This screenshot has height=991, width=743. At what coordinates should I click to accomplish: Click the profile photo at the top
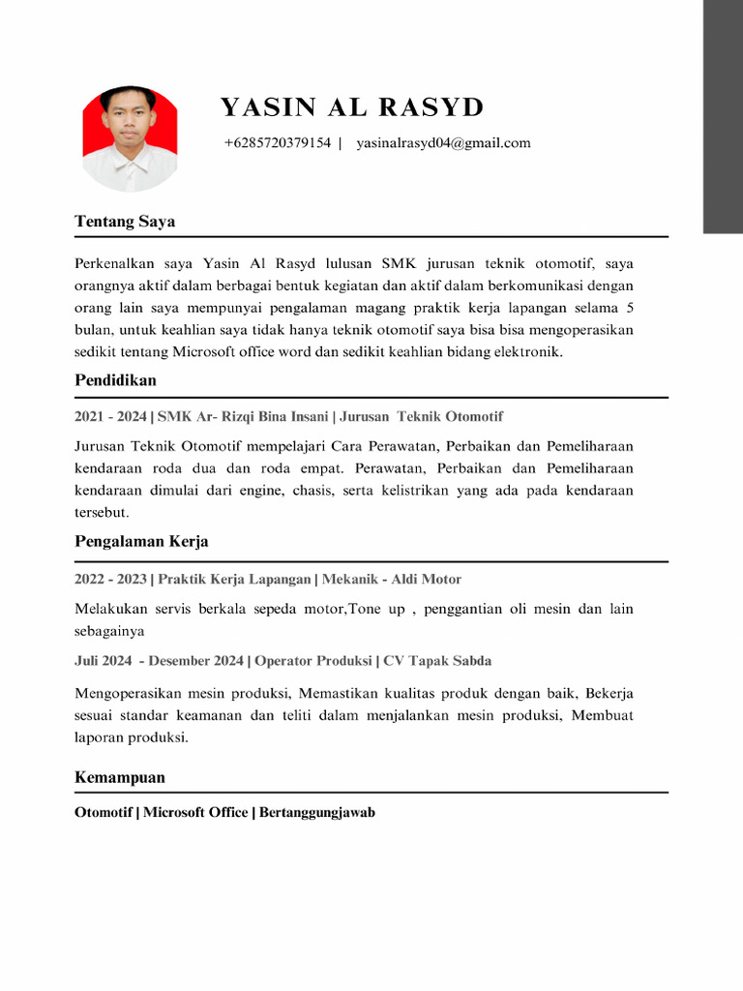click(130, 137)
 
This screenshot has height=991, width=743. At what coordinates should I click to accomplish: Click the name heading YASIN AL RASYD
click(352, 106)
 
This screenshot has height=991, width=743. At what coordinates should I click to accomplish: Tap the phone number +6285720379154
click(277, 143)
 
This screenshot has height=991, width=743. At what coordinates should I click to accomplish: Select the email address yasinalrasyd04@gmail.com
click(443, 143)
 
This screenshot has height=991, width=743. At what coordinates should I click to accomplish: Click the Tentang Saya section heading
click(125, 222)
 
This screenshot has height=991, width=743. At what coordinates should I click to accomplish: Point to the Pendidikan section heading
click(115, 380)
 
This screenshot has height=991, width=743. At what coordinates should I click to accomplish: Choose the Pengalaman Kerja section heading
click(141, 542)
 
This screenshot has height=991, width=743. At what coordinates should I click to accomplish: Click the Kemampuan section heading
click(120, 778)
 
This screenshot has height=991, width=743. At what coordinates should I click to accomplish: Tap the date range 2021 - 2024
click(110, 417)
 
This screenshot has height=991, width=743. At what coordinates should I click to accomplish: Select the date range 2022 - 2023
click(110, 580)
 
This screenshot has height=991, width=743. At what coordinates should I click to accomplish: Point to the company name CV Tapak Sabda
click(437, 661)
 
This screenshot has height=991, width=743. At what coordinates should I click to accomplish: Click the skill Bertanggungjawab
click(317, 813)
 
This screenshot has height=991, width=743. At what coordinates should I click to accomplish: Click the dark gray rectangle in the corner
click(723, 116)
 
